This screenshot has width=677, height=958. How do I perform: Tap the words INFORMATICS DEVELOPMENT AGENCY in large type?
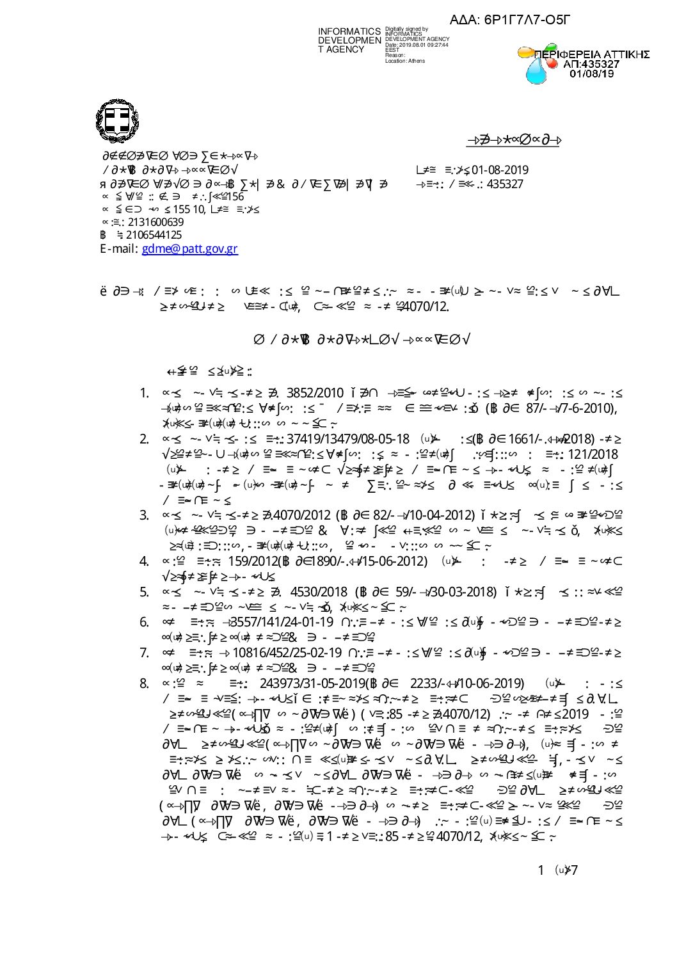click(349, 40)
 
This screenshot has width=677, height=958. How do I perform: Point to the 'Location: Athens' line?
click(404, 61)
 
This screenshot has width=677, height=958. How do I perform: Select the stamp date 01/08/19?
click(591, 74)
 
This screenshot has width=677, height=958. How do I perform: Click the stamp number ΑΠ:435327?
click(591, 64)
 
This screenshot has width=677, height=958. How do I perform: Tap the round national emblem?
click(117, 121)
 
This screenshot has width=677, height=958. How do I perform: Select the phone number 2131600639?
click(155, 222)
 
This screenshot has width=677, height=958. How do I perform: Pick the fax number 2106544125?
click(154, 235)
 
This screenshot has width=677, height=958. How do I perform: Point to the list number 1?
click(144, 393)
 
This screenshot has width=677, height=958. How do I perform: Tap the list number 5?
click(144, 592)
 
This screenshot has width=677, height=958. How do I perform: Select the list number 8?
click(144, 683)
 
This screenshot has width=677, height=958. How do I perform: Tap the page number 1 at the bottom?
click(541, 870)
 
